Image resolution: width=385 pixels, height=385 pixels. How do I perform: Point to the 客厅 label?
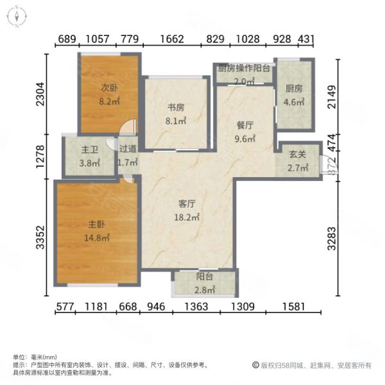(186, 203)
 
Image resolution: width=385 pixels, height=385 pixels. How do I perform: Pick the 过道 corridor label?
(128, 150)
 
